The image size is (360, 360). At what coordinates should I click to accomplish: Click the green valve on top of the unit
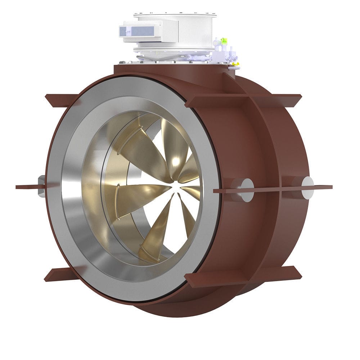224,41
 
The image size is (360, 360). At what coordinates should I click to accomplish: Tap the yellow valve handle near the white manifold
236,65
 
